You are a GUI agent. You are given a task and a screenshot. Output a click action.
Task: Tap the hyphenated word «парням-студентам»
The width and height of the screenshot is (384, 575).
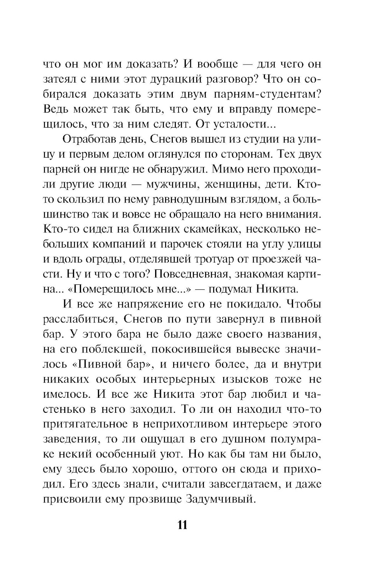click(260, 94)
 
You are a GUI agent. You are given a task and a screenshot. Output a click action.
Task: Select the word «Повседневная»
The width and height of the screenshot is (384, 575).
click(181, 274)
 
